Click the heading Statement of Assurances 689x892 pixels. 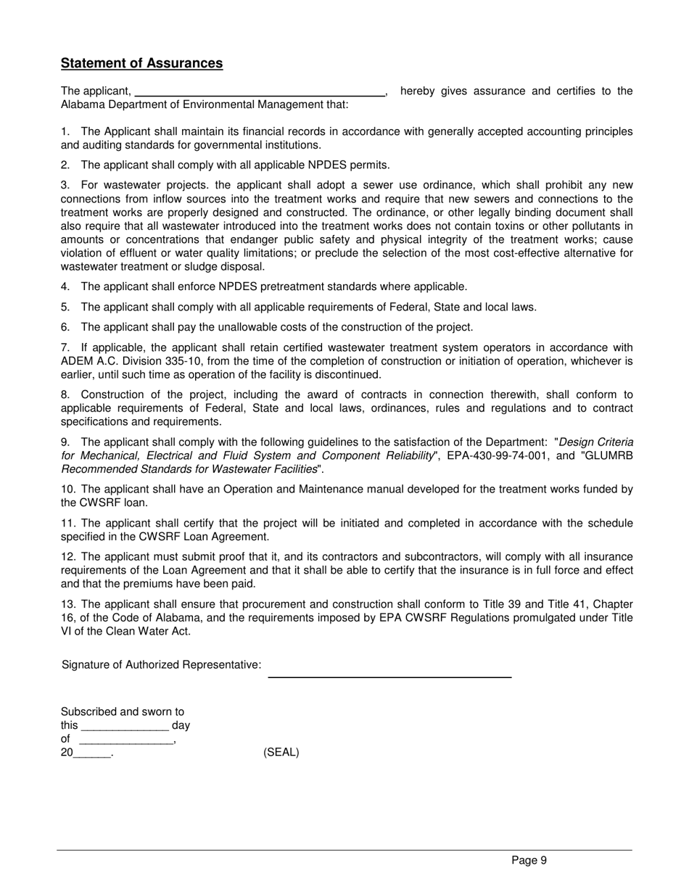pyautogui.click(x=141, y=63)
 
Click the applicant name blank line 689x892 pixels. pyautogui.click(x=260, y=93)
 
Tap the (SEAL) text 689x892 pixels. pyautogui.click(x=281, y=752)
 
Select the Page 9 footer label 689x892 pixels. pyautogui.click(x=529, y=860)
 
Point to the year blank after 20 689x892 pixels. pyautogui.click(x=92, y=754)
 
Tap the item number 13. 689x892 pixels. pyautogui.click(x=67, y=604)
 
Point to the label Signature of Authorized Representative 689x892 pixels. pyautogui.click(x=161, y=665)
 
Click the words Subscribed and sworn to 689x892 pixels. pyautogui.click(x=122, y=711)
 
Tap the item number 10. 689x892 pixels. pyautogui.click(x=67, y=490)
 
